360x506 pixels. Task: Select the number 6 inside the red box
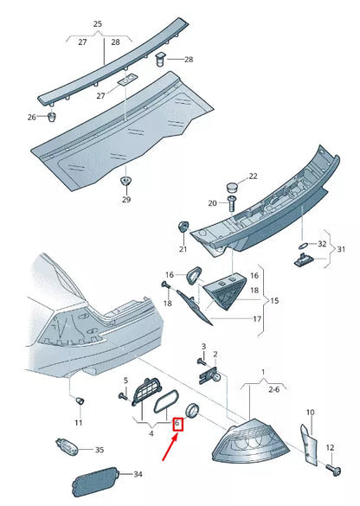177,424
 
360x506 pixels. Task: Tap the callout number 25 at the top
97,24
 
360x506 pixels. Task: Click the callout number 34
137,475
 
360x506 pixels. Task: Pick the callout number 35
99,450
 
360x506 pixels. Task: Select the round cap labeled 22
230,186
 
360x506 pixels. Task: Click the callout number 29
125,200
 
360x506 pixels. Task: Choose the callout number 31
341,250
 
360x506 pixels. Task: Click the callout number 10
310,413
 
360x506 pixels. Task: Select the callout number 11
78,422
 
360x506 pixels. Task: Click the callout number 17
257,318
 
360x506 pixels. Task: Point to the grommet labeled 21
183,227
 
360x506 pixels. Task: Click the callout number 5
125,381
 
